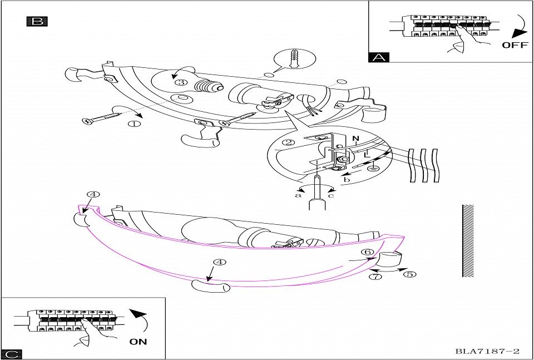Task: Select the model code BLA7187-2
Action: coord(487,351)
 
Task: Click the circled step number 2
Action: coord(288,142)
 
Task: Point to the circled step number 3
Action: coord(179,82)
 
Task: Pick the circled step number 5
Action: coord(409,274)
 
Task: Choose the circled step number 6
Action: coord(367,252)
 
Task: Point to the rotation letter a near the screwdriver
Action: coord(299,195)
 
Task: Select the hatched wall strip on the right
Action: coord(468,240)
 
